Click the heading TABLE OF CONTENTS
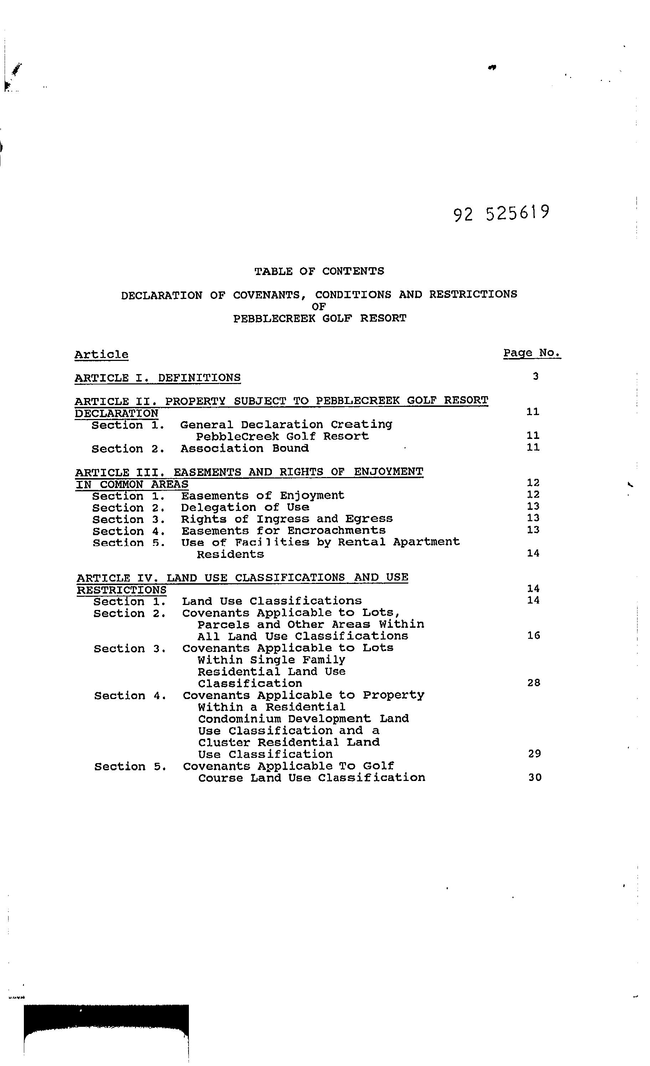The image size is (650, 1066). coord(319,271)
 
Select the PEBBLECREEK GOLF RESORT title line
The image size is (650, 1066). coord(319,319)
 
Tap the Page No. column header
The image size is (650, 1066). coord(531,353)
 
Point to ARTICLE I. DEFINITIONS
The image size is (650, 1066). coord(158,378)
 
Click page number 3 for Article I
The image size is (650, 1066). coord(536,376)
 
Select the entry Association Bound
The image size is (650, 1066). coord(244,448)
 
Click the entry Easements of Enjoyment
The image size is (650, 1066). coord(262,495)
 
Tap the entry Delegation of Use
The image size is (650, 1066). coord(245,507)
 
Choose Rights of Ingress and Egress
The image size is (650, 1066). coord(287,519)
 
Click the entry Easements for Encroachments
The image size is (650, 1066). coord(283,531)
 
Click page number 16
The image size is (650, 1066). coord(533,636)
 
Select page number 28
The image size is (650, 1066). coord(533,683)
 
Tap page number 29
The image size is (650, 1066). coord(535,754)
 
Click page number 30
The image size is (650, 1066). coord(535,777)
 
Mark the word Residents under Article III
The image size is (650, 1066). coord(230,554)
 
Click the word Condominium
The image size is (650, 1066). coord(239,719)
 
